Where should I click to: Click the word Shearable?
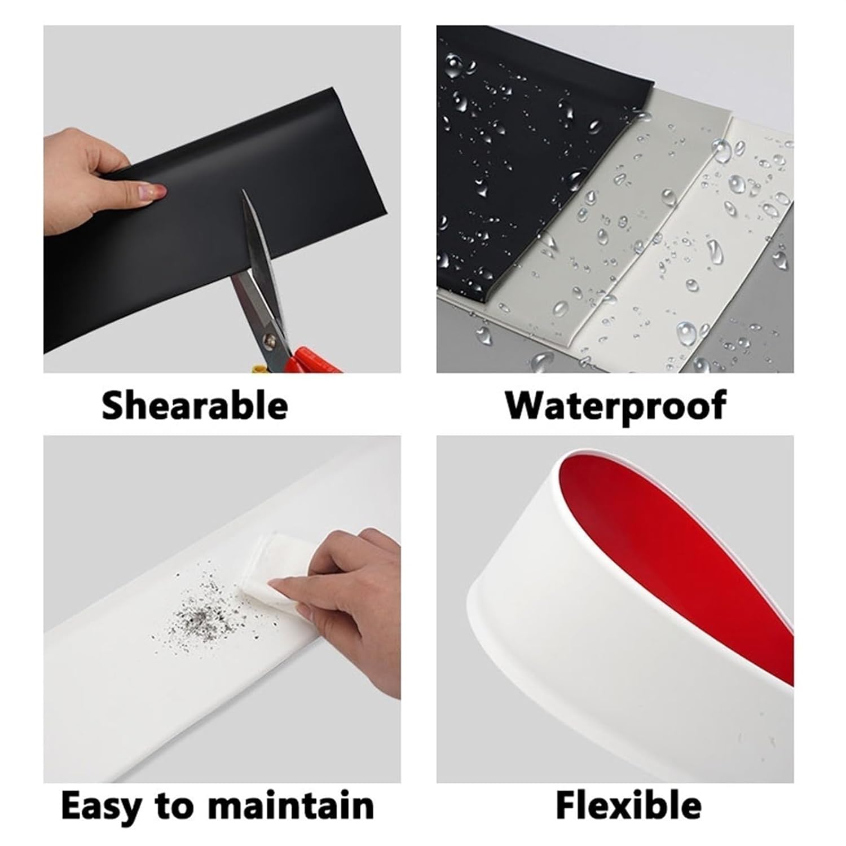pos(195,405)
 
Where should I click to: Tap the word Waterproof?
pos(615,405)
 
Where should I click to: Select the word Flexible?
pos(629,805)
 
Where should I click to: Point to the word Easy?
pos(101,807)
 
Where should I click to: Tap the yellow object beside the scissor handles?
pos(258,368)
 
